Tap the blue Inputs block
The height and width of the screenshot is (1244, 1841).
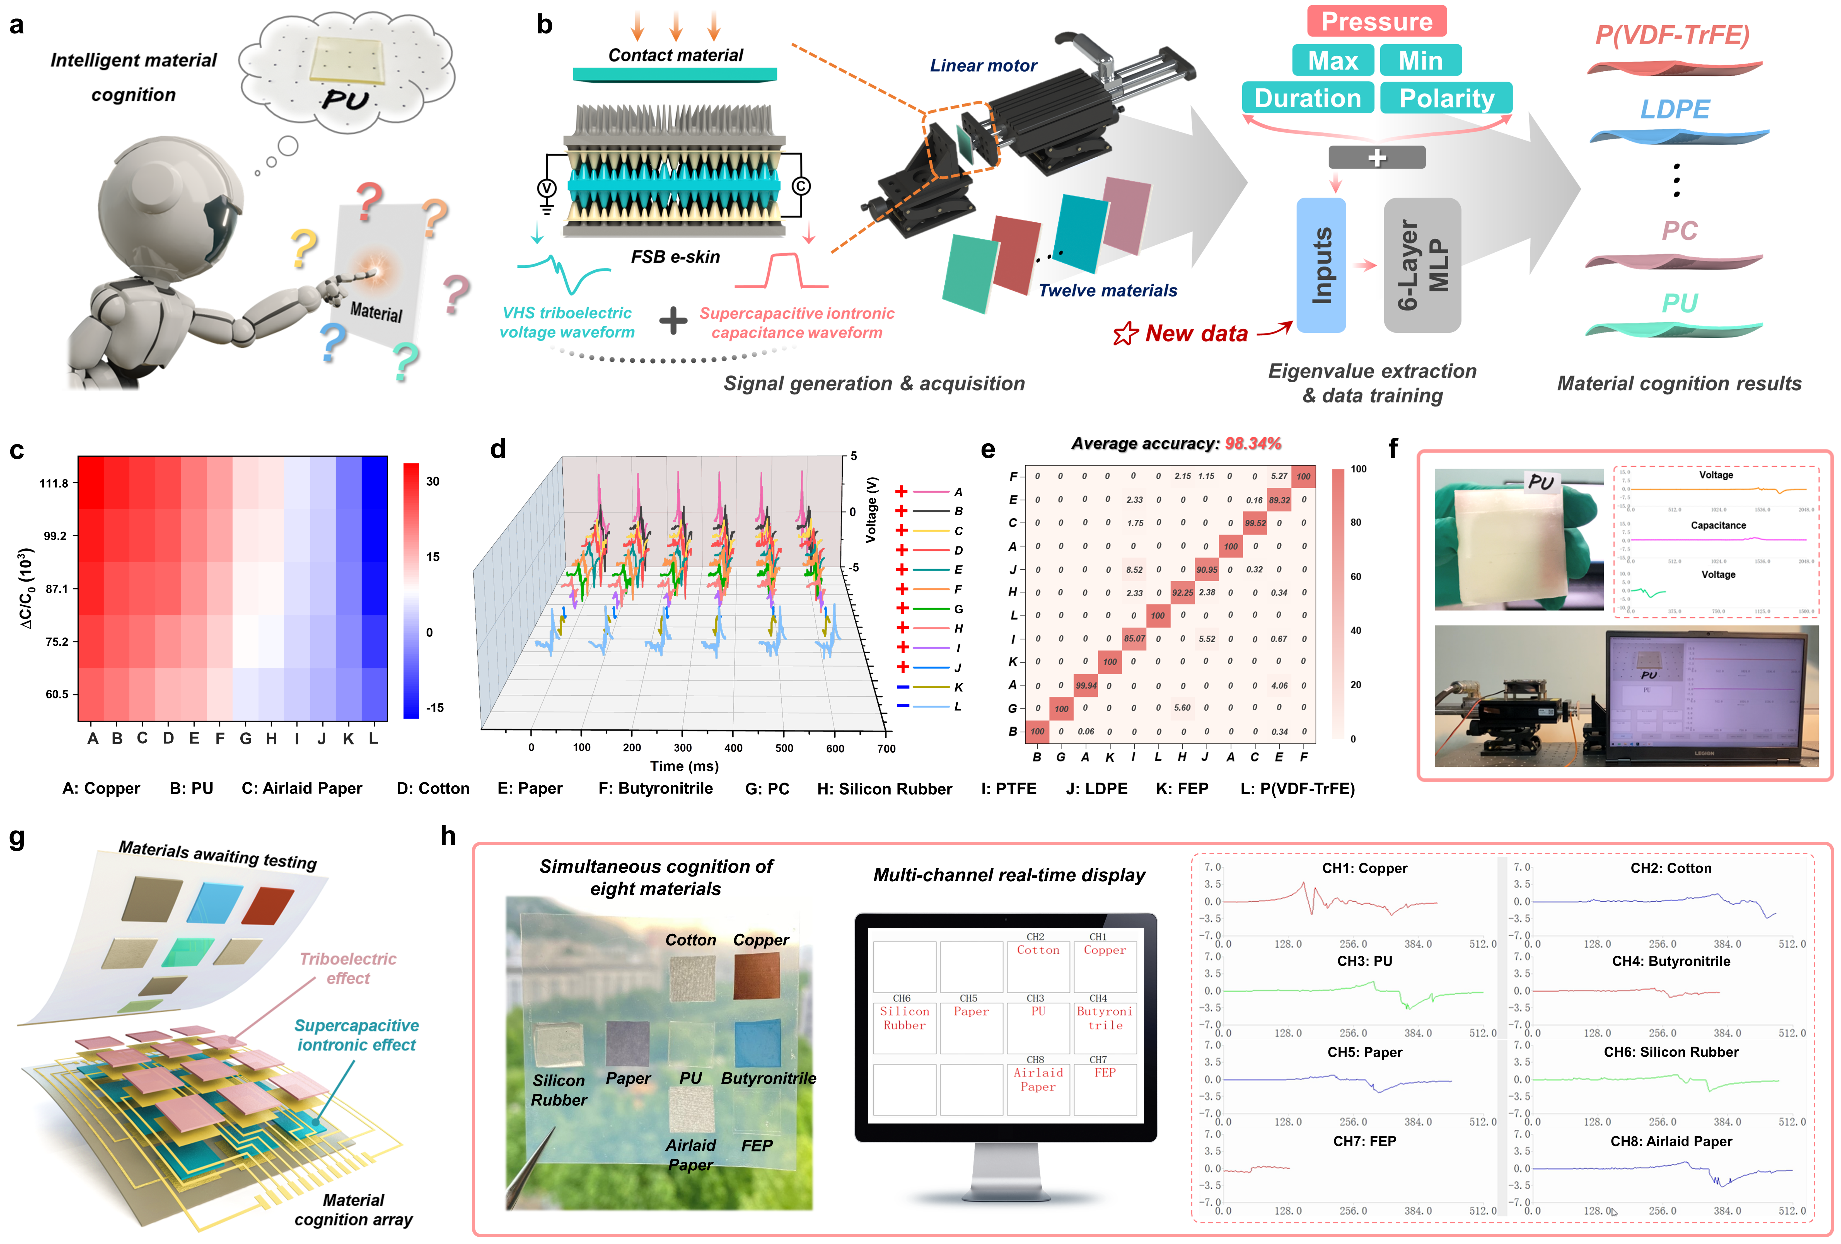point(1321,265)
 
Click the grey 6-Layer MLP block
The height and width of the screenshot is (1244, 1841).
point(1422,265)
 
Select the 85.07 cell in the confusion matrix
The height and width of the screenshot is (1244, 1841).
point(1134,638)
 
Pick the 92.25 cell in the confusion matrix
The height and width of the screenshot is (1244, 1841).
point(1182,592)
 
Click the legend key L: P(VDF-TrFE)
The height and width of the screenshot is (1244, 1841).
point(1297,789)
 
